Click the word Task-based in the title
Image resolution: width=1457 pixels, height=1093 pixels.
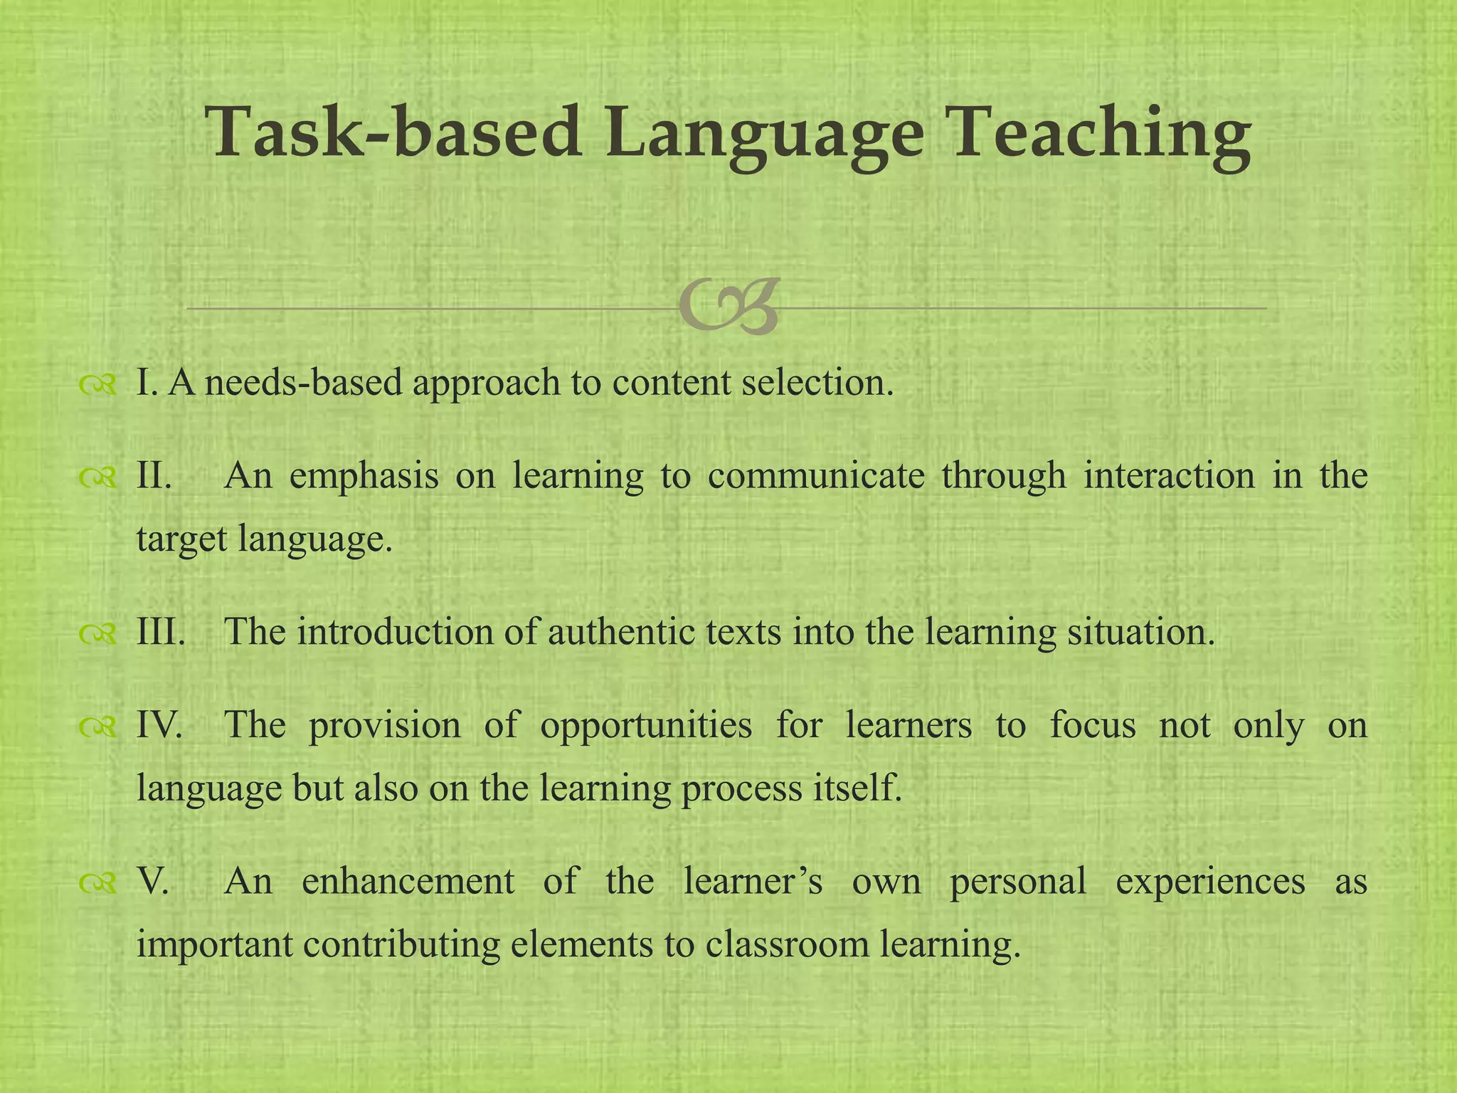point(393,132)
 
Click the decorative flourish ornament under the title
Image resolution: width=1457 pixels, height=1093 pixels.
point(729,308)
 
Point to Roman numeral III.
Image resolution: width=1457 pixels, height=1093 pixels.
point(161,631)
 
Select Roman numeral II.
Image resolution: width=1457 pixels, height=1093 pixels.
point(154,475)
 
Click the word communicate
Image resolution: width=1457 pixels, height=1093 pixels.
point(816,475)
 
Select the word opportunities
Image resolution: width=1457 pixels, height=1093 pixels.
point(645,725)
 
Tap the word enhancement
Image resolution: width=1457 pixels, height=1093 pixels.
point(408,881)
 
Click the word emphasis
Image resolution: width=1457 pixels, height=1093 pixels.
point(364,477)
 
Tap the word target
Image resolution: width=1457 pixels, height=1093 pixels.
point(180,539)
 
